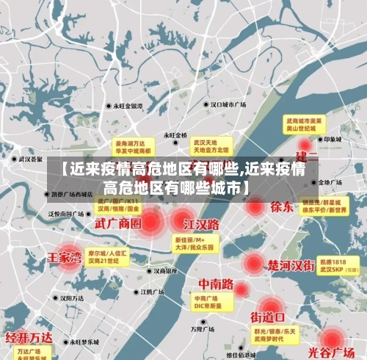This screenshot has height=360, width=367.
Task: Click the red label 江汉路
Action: coord(202,223)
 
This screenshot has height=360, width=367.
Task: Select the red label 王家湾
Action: coord(64,258)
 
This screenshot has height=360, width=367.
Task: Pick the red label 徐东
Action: coord(281,206)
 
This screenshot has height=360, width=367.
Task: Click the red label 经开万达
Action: coord(29,337)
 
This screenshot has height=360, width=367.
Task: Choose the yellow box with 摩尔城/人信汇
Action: coord(107,256)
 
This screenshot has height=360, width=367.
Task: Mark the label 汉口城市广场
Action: coord(228,104)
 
